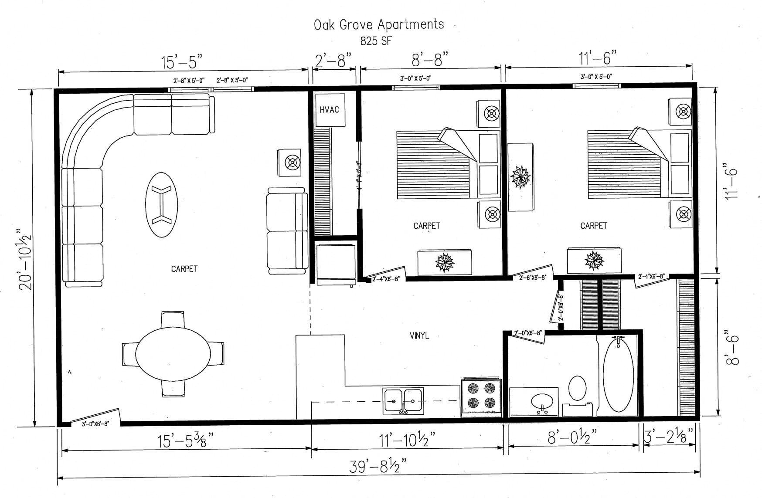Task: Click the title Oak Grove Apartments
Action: (379, 24)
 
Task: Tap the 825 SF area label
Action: (376, 41)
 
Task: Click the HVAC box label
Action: (329, 110)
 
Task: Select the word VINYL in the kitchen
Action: (419, 335)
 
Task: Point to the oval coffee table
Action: (161, 204)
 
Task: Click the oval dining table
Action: (173, 354)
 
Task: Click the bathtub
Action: (618, 376)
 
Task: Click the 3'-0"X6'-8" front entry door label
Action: (95, 423)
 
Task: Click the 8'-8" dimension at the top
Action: (430, 59)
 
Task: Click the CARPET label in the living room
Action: (184, 269)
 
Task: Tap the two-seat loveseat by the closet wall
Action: (287, 230)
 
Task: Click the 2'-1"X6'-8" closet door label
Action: (651, 277)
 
